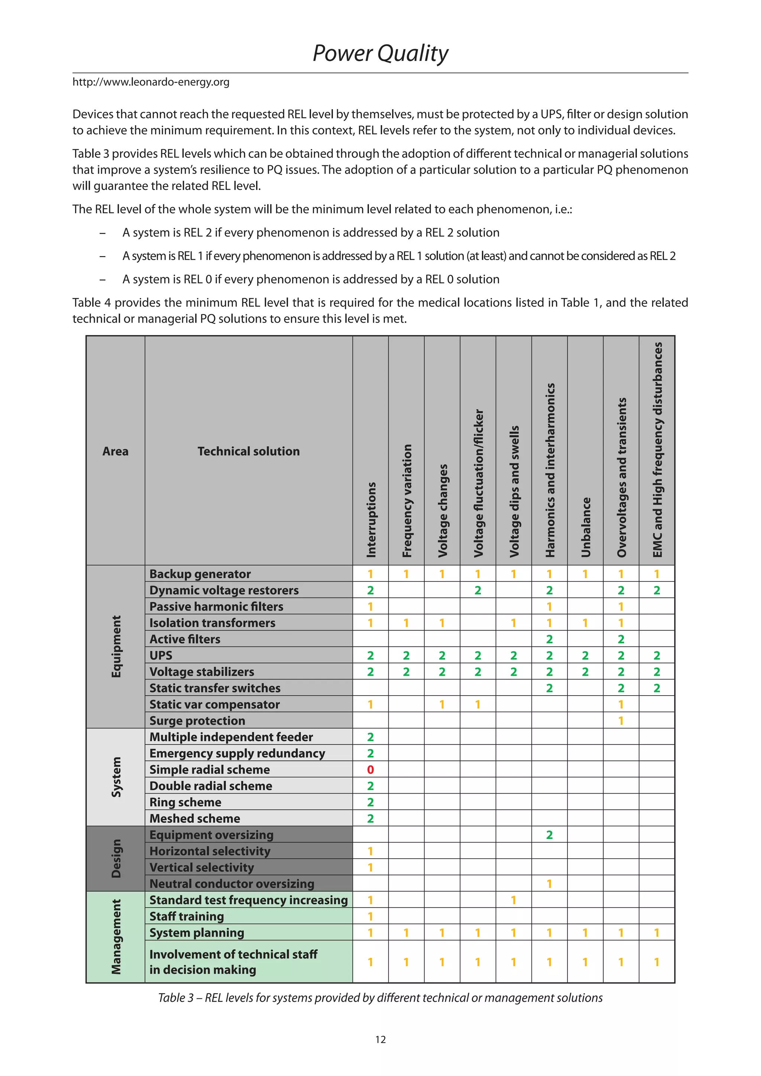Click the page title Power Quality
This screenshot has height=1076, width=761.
tap(380, 53)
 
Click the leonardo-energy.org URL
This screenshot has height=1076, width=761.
tap(151, 82)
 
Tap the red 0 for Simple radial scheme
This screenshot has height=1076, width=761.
tap(370, 769)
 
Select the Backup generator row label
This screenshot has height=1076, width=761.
tap(200, 574)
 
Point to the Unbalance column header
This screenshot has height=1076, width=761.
tap(586, 527)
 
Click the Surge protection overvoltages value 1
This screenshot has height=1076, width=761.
tap(621, 721)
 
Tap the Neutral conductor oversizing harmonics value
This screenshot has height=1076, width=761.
tap(549, 884)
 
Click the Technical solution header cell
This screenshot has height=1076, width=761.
tap(248, 451)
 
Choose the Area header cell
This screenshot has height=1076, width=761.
tap(115, 451)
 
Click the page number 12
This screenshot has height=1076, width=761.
tap(380, 1040)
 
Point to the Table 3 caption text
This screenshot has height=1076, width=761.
tap(380, 998)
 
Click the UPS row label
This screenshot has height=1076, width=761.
tap(161, 656)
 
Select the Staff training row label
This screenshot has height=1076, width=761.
tap(187, 916)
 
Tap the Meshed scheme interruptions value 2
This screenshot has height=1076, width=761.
tap(370, 819)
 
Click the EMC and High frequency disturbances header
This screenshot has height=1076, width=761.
tap(657, 450)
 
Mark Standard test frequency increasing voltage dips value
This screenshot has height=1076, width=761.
tap(514, 900)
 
